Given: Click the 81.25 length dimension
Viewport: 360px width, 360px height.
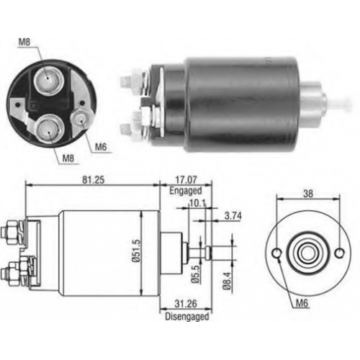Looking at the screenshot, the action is [x=94, y=180].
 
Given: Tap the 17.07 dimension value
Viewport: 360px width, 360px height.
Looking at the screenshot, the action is [x=186, y=179].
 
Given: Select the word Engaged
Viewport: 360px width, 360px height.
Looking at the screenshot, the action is [x=186, y=191].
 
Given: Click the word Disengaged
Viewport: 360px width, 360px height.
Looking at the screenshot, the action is [x=187, y=317].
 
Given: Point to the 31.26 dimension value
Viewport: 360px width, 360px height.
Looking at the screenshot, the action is [x=186, y=304].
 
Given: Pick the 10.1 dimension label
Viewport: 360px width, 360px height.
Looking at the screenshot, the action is [x=198, y=204].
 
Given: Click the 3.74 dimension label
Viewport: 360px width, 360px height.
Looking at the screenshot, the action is [x=233, y=216].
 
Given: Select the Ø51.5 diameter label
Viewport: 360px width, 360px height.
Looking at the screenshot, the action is [x=136, y=251].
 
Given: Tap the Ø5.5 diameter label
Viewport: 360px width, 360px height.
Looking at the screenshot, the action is [x=196, y=274].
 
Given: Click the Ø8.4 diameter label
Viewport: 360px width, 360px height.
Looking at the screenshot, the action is [x=227, y=281].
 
